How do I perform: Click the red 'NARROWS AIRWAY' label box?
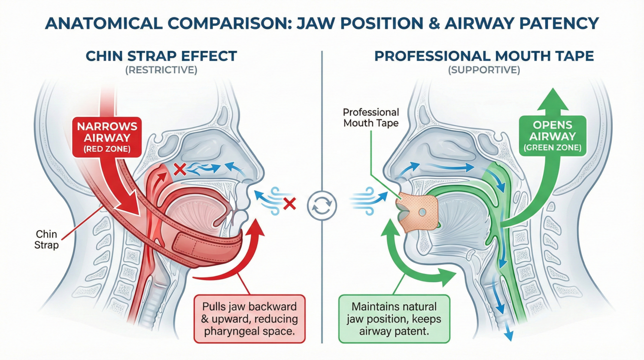pos(107,137)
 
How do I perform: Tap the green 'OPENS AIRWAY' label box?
pos(552,136)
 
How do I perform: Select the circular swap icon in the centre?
pos(322,206)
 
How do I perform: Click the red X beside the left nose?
pos(290,203)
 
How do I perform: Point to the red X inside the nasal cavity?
pos(179,169)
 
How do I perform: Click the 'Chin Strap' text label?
pos(46,239)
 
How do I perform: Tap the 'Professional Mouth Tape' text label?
pos(371,118)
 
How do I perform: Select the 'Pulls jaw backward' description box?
pos(249,319)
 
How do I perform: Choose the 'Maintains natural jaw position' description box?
pos(394,319)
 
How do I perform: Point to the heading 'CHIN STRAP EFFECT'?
pos(161,56)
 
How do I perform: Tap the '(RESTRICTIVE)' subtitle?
pos(161,70)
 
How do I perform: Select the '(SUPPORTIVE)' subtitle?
pos(484,70)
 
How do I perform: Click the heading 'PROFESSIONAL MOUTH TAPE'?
pos(484,56)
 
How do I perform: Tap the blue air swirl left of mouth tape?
pos(364,200)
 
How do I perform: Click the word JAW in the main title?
pos(316,23)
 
